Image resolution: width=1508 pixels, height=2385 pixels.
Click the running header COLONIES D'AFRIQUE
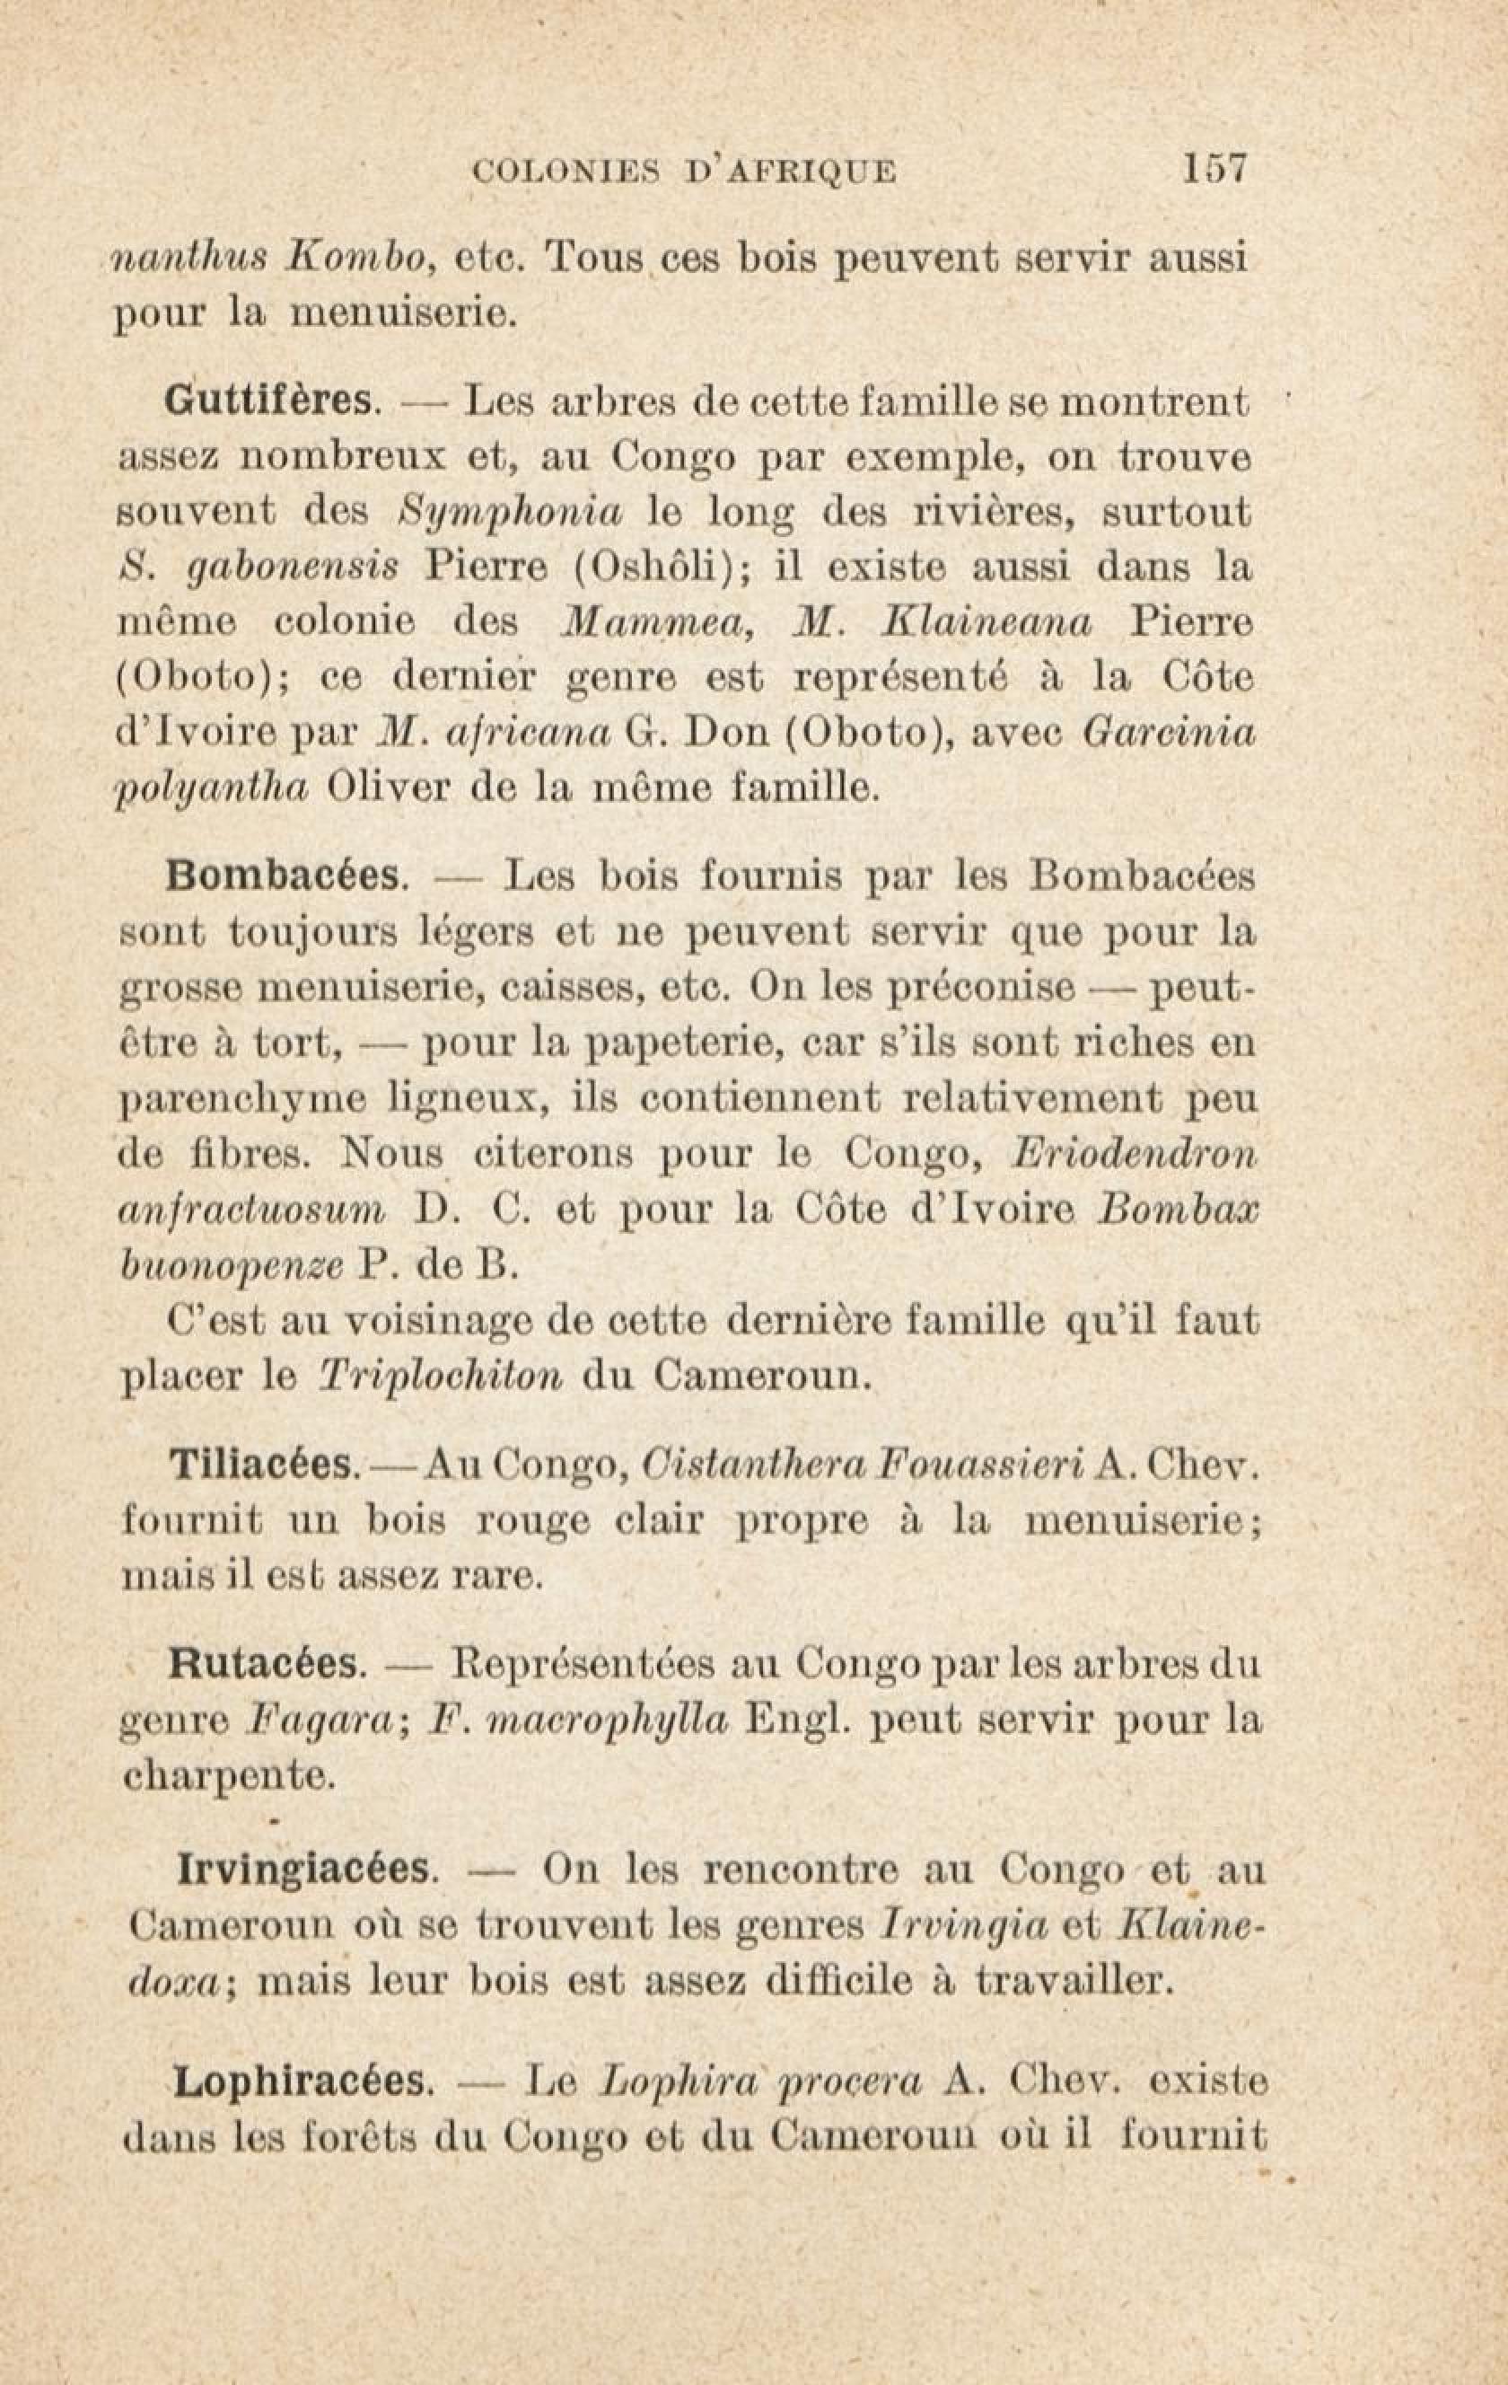(x=685, y=172)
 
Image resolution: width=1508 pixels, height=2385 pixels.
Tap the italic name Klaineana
(x=986, y=623)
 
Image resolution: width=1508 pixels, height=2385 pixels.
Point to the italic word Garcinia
(x=1170, y=733)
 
